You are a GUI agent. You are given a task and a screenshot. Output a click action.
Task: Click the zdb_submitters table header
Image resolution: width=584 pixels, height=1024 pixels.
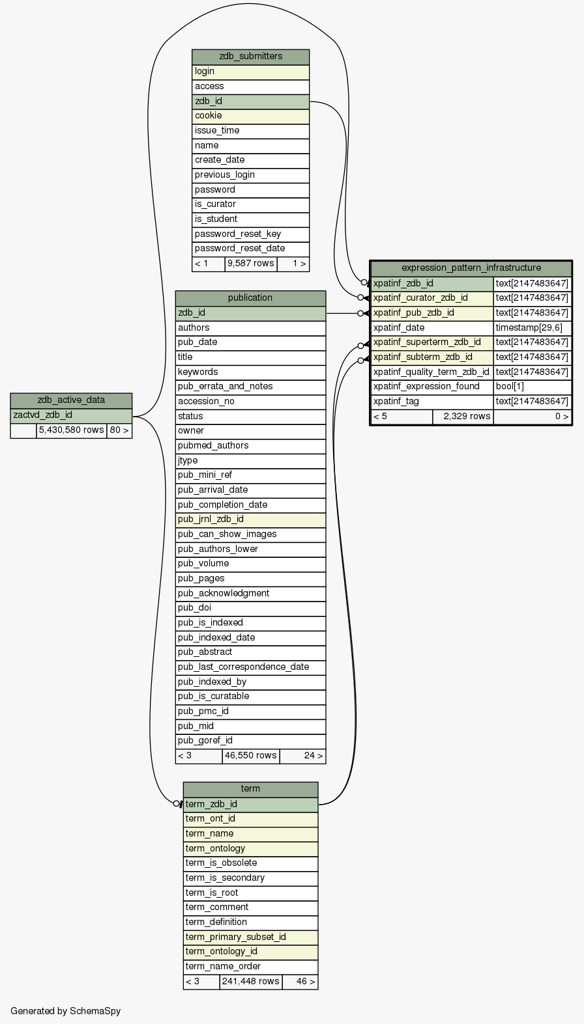(250, 57)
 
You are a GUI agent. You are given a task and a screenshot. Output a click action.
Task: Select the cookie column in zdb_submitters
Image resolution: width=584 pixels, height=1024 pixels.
(250, 116)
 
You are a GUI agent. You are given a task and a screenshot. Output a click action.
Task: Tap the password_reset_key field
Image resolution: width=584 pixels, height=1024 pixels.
(250, 234)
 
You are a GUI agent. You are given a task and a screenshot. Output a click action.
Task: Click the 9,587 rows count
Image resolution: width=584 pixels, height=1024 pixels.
(250, 264)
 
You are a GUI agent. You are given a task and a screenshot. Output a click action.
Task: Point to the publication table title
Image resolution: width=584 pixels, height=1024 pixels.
(250, 298)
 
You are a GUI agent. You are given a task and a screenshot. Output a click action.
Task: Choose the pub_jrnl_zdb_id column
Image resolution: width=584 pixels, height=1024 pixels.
(250, 519)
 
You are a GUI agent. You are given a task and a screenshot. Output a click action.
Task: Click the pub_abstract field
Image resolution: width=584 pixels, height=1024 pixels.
(250, 652)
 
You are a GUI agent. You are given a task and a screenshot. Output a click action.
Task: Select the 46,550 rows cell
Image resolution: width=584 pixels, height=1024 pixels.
(250, 756)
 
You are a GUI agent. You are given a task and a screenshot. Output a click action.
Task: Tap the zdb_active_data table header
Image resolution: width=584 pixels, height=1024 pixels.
(71, 400)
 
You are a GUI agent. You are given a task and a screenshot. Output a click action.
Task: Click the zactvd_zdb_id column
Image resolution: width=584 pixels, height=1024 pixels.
(71, 415)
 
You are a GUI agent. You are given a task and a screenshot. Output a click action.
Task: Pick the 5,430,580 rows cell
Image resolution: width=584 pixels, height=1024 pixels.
(71, 430)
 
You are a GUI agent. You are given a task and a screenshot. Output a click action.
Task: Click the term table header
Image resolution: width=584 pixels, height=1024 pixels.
(250, 789)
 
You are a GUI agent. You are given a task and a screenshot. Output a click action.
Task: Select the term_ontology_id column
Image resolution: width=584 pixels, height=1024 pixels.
(250, 952)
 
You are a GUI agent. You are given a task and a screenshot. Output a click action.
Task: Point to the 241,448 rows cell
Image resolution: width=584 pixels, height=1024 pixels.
(250, 982)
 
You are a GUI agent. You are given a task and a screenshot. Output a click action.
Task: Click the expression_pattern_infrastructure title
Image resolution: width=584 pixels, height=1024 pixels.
(471, 268)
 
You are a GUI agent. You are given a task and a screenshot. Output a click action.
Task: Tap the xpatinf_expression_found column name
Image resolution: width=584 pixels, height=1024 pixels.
(431, 387)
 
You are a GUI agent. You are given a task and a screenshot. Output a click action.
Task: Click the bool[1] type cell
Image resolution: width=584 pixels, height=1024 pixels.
(532, 387)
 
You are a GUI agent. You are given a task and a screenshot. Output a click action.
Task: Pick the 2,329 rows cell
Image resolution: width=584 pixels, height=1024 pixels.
(463, 417)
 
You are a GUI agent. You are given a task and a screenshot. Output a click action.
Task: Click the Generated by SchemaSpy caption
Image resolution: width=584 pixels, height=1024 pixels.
(66, 1011)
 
